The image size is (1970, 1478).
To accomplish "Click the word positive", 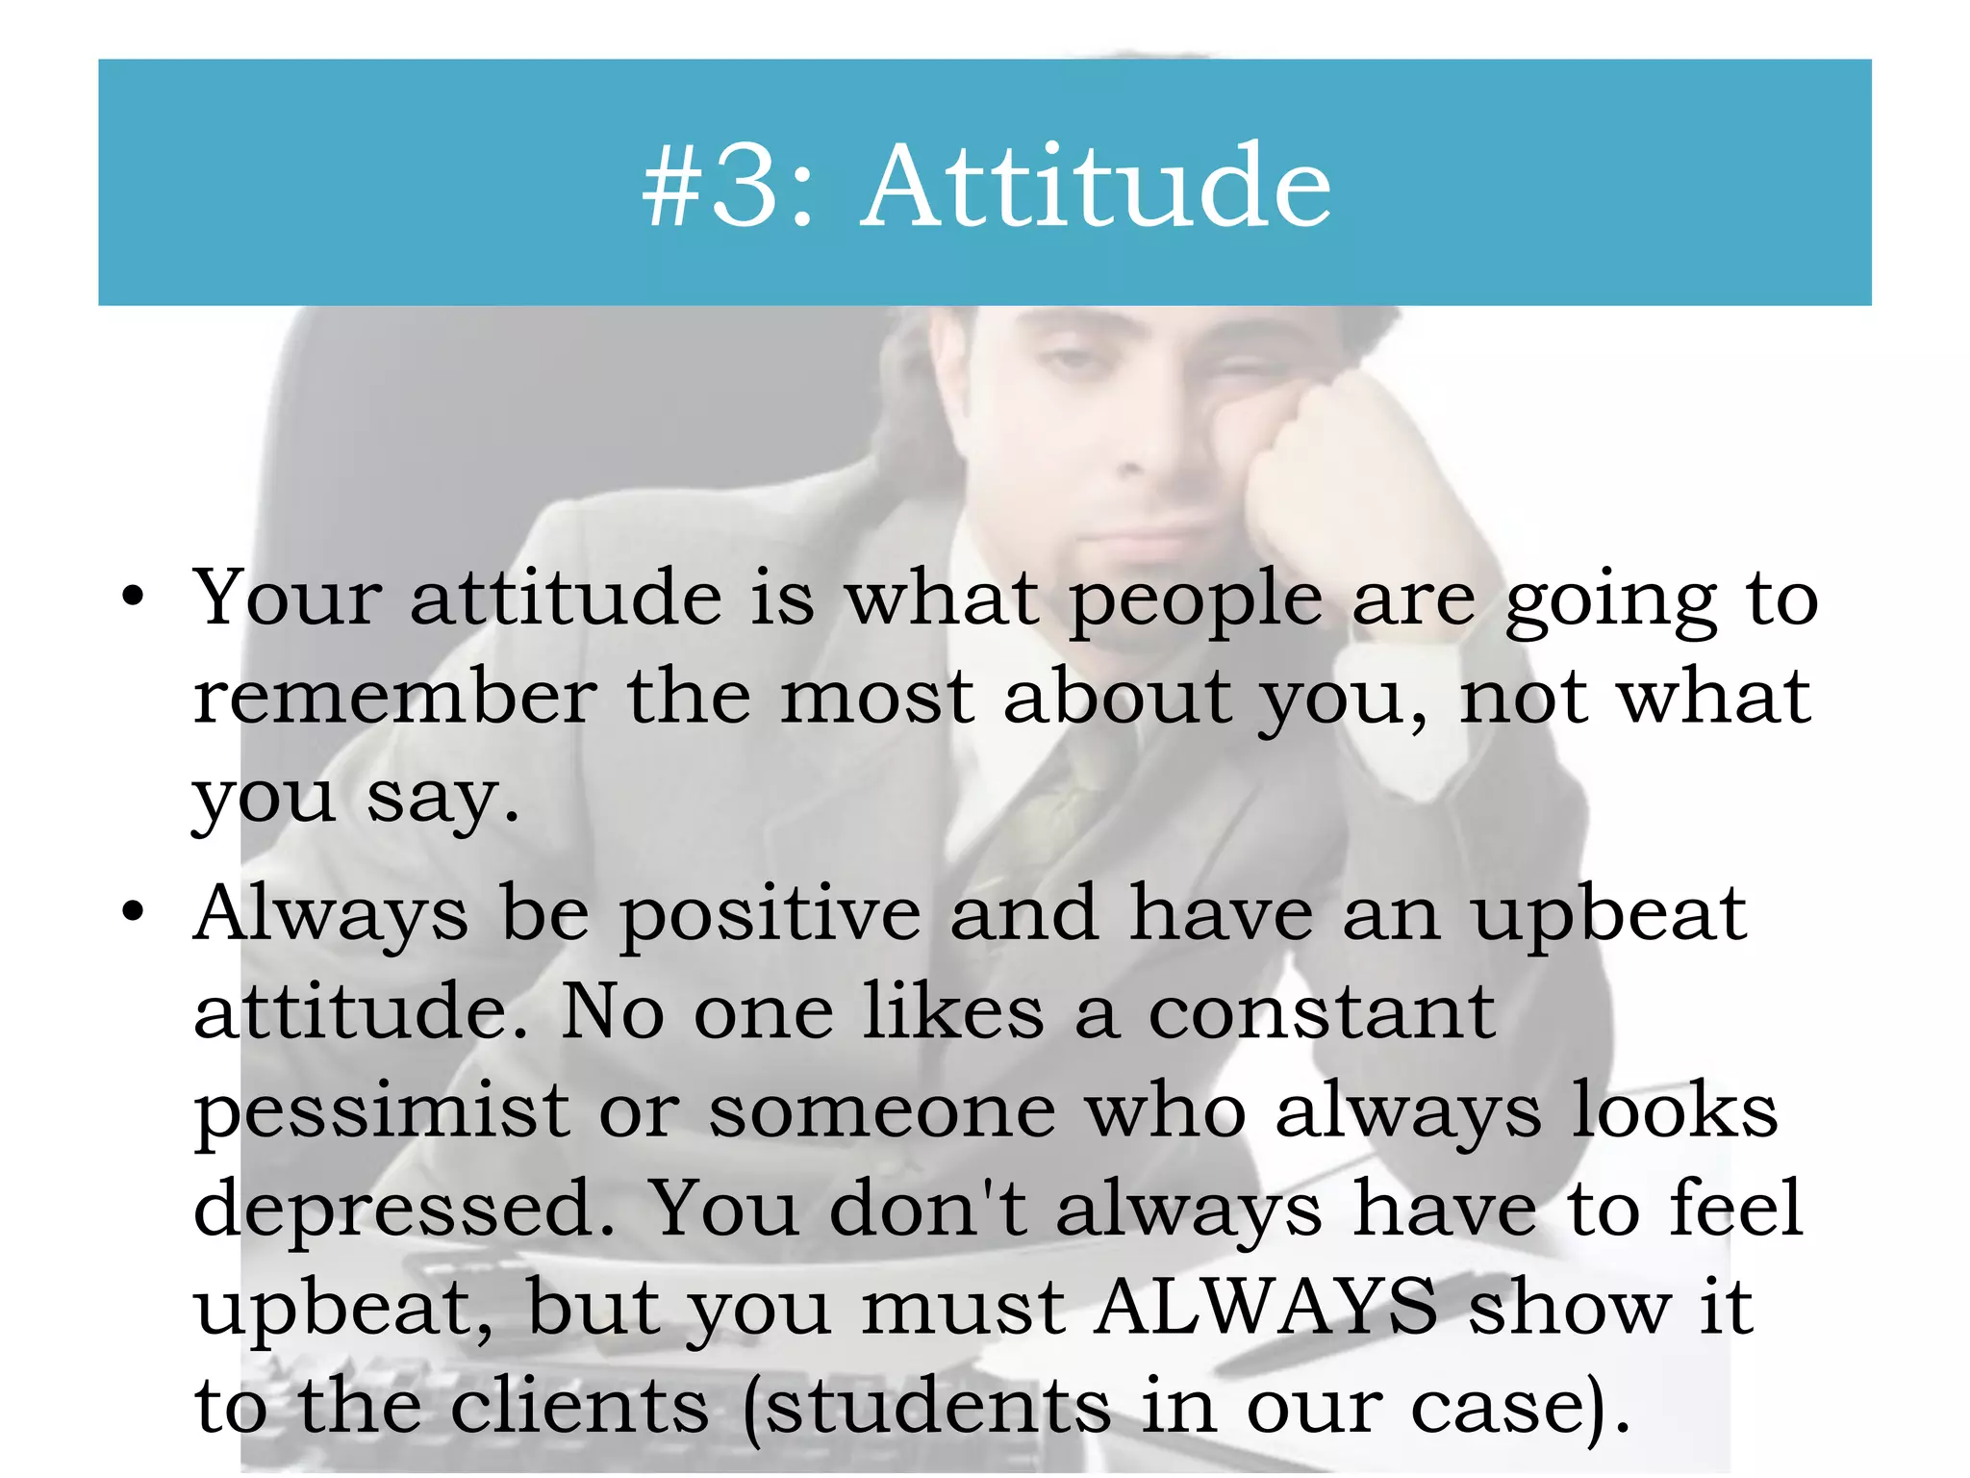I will coord(770,914).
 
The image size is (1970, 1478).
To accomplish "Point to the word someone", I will coord(882,1112).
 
